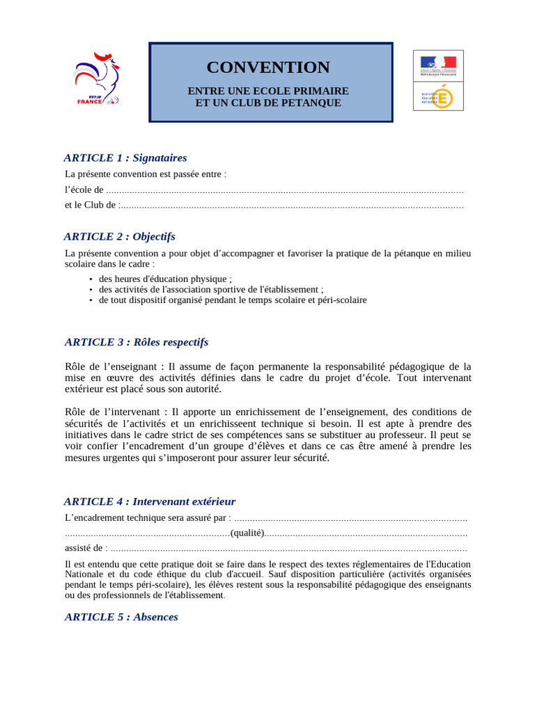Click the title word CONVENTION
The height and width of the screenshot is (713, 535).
(268, 68)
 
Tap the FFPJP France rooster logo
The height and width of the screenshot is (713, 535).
(96, 79)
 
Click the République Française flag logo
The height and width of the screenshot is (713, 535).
(438, 65)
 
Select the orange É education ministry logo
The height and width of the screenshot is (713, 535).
(438, 96)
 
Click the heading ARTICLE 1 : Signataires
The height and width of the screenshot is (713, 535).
(125, 158)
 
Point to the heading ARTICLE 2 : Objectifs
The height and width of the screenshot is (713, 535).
(120, 237)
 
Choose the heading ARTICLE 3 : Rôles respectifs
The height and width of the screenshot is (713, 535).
(137, 343)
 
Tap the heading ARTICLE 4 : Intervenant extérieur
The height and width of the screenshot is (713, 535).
(150, 501)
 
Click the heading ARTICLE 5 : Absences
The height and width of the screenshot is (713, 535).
(121, 617)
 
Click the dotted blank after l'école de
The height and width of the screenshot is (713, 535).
(286, 190)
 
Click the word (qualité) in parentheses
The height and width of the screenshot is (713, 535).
(247, 533)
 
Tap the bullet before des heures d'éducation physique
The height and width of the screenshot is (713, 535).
(91, 279)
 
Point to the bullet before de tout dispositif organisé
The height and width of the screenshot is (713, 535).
(91, 300)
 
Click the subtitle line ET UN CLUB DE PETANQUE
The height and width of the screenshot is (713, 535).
(268, 103)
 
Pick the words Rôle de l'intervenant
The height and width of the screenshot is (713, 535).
(114, 412)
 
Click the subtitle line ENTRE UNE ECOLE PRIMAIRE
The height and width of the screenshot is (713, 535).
(268, 91)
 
